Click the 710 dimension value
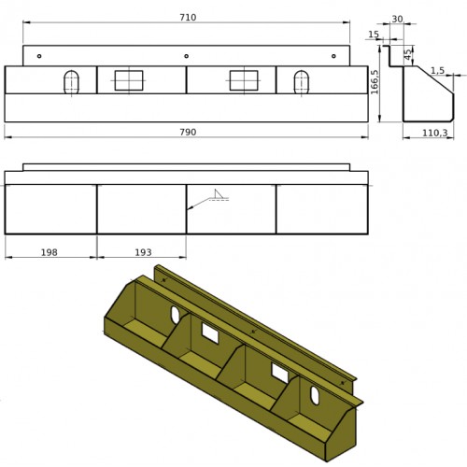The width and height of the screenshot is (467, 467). point(188,18)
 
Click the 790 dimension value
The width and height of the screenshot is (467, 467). point(188,132)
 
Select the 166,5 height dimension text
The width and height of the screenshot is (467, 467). point(375,81)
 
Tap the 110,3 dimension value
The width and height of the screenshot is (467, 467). point(435,133)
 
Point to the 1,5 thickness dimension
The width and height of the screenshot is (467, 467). point(437,71)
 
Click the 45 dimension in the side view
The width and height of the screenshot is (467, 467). point(407,55)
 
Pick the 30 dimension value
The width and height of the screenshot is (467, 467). point(397,19)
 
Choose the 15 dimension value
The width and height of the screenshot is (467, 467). point(374,35)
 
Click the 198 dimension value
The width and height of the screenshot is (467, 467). point(50,252)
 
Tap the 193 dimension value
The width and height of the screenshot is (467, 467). point(143,252)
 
